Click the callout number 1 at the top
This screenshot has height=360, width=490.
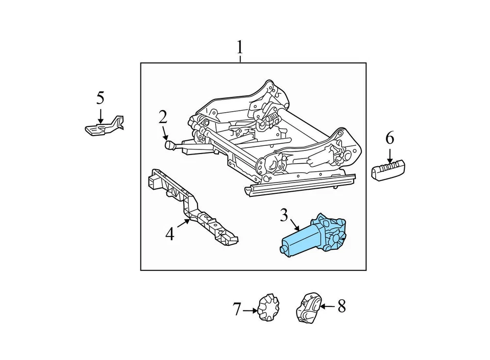click(x=239, y=48)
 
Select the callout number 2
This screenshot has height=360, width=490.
click(x=162, y=117)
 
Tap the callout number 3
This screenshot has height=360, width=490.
click(x=284, y=215)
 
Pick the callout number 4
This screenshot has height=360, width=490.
click(x=169, y=234)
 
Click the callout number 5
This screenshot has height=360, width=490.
click(x=100, y=97)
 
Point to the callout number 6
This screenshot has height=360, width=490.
click(x=389, y=138)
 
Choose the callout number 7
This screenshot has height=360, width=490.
click(x=237, y=309)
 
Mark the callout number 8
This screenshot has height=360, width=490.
click(x=341, y=306)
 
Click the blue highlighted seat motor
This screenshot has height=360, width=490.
click(x=316, y=236)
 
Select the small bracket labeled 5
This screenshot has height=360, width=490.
click(x=105, y=126)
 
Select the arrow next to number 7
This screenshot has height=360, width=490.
click(x=250, y=310)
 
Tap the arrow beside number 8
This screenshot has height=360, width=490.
click(x=328, y=306)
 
